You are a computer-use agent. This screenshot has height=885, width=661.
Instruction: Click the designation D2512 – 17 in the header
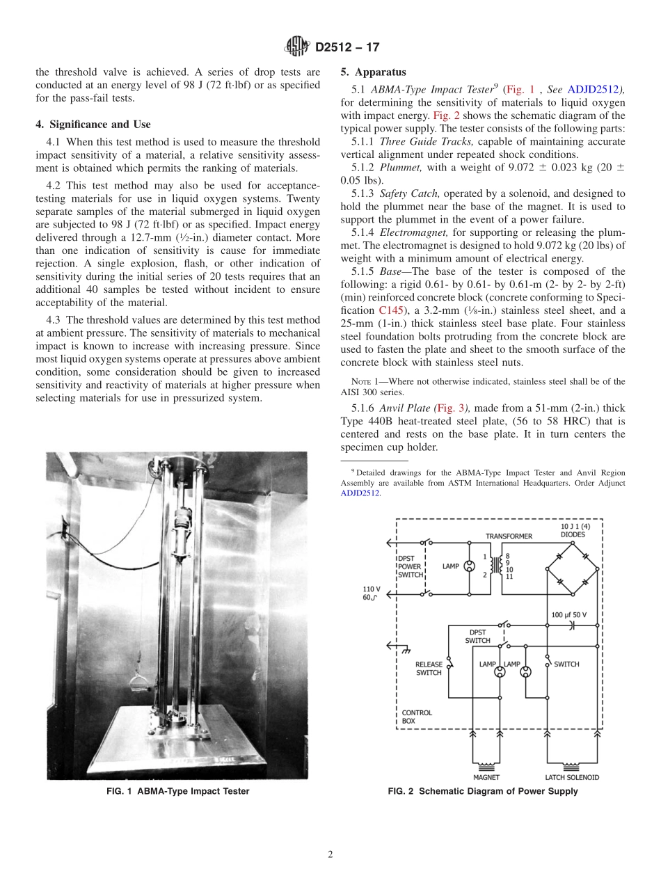[x=347, y=48]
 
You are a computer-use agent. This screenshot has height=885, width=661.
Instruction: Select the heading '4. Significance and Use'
[x=93, y=125]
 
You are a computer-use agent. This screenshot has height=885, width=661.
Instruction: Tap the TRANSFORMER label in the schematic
[x=509, y=536]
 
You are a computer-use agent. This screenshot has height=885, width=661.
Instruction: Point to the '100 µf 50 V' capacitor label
[x=569, y=616]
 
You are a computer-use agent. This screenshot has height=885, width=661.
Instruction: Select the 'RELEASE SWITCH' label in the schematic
[x=429, y=669]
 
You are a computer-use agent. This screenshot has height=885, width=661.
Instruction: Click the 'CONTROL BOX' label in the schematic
[x=417, y=717]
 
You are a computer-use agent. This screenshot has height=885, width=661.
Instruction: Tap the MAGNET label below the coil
[x=486, y=777]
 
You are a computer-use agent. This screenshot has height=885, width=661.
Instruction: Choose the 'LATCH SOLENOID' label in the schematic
[x=572, y=777]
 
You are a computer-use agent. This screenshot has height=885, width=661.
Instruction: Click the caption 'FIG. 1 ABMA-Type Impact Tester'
[x=177, y=791]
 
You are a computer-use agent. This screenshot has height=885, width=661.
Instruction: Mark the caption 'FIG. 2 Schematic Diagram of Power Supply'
[x=483, y=791]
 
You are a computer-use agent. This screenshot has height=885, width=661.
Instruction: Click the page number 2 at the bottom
[x=330, y=854]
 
